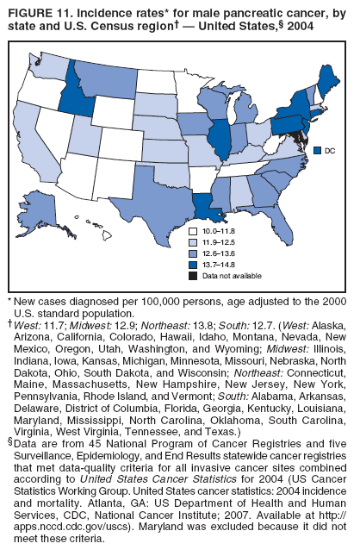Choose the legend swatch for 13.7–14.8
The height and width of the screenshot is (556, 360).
[193, 264]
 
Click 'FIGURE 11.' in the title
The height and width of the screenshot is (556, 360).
[40, 15]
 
